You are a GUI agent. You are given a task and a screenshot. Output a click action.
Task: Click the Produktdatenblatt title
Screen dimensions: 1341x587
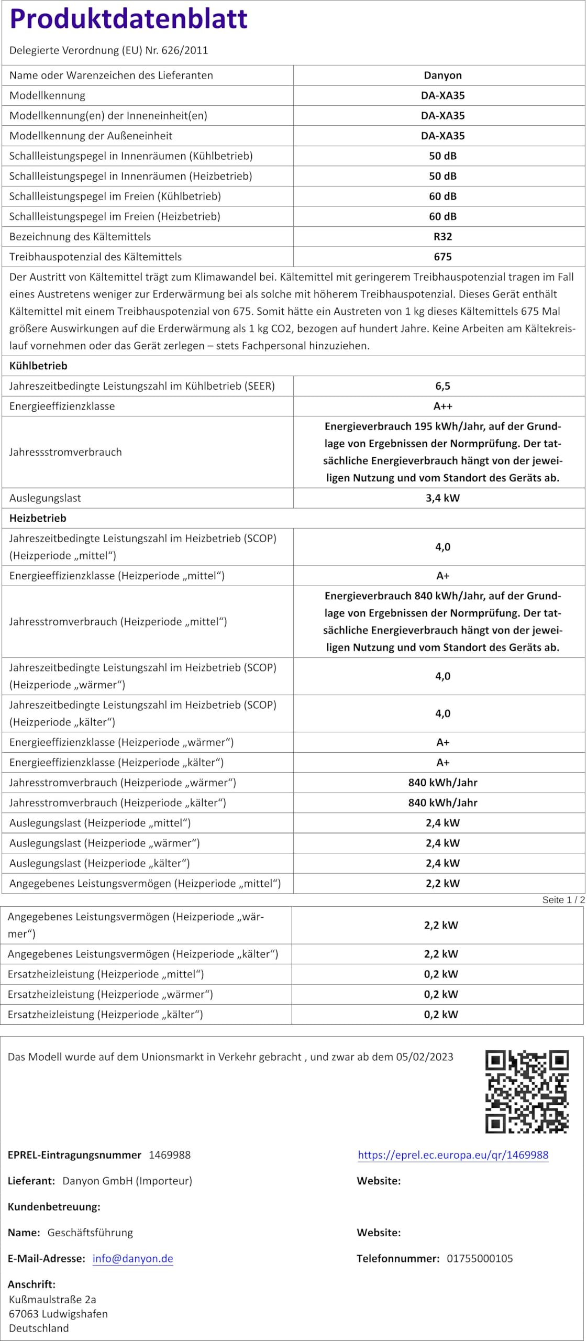click(128, 19)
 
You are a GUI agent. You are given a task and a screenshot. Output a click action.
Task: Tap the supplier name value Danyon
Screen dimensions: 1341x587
click(442, 75)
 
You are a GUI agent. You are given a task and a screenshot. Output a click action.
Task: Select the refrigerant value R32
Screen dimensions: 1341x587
click(442, 237)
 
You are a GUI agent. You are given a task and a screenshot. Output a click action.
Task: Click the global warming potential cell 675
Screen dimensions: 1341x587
click(442, 257)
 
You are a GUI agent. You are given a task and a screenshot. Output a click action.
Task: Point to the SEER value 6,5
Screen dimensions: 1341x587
click(442, 386)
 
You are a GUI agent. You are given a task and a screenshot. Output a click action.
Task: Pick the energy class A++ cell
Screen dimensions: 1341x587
click(442, 406)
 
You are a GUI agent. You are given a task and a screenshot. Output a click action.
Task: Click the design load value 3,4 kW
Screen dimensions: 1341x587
click(442, 498)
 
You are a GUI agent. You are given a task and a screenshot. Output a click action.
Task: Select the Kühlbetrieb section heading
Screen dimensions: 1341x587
click(38, 366)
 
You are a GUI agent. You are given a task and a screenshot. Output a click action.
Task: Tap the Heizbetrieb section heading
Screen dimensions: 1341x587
click(38, 518)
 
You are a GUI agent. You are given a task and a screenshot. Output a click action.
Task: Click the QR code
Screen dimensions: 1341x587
click(526, 1091)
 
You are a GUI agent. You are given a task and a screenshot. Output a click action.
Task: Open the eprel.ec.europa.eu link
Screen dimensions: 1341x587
click(453, 1155)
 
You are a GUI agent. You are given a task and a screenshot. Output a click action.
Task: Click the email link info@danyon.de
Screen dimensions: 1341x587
click(132, 1258)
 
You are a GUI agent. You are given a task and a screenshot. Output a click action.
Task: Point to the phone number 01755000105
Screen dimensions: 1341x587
click(480, 1258)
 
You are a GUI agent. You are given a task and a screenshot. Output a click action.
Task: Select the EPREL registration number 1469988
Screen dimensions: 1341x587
click(170, 1155)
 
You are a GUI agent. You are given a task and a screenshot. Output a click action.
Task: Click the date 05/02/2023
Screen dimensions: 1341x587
click(424, 1057)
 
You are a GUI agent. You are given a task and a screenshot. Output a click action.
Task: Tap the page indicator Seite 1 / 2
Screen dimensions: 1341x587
click(563, 899)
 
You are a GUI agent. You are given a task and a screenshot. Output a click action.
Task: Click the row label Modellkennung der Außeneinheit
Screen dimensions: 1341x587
click(91, 136)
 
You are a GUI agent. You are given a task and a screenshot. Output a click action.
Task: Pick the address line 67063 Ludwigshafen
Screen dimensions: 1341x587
click(58, 1313)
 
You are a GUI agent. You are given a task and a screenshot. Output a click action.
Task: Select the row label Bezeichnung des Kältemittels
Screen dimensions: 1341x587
click(80, 237)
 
